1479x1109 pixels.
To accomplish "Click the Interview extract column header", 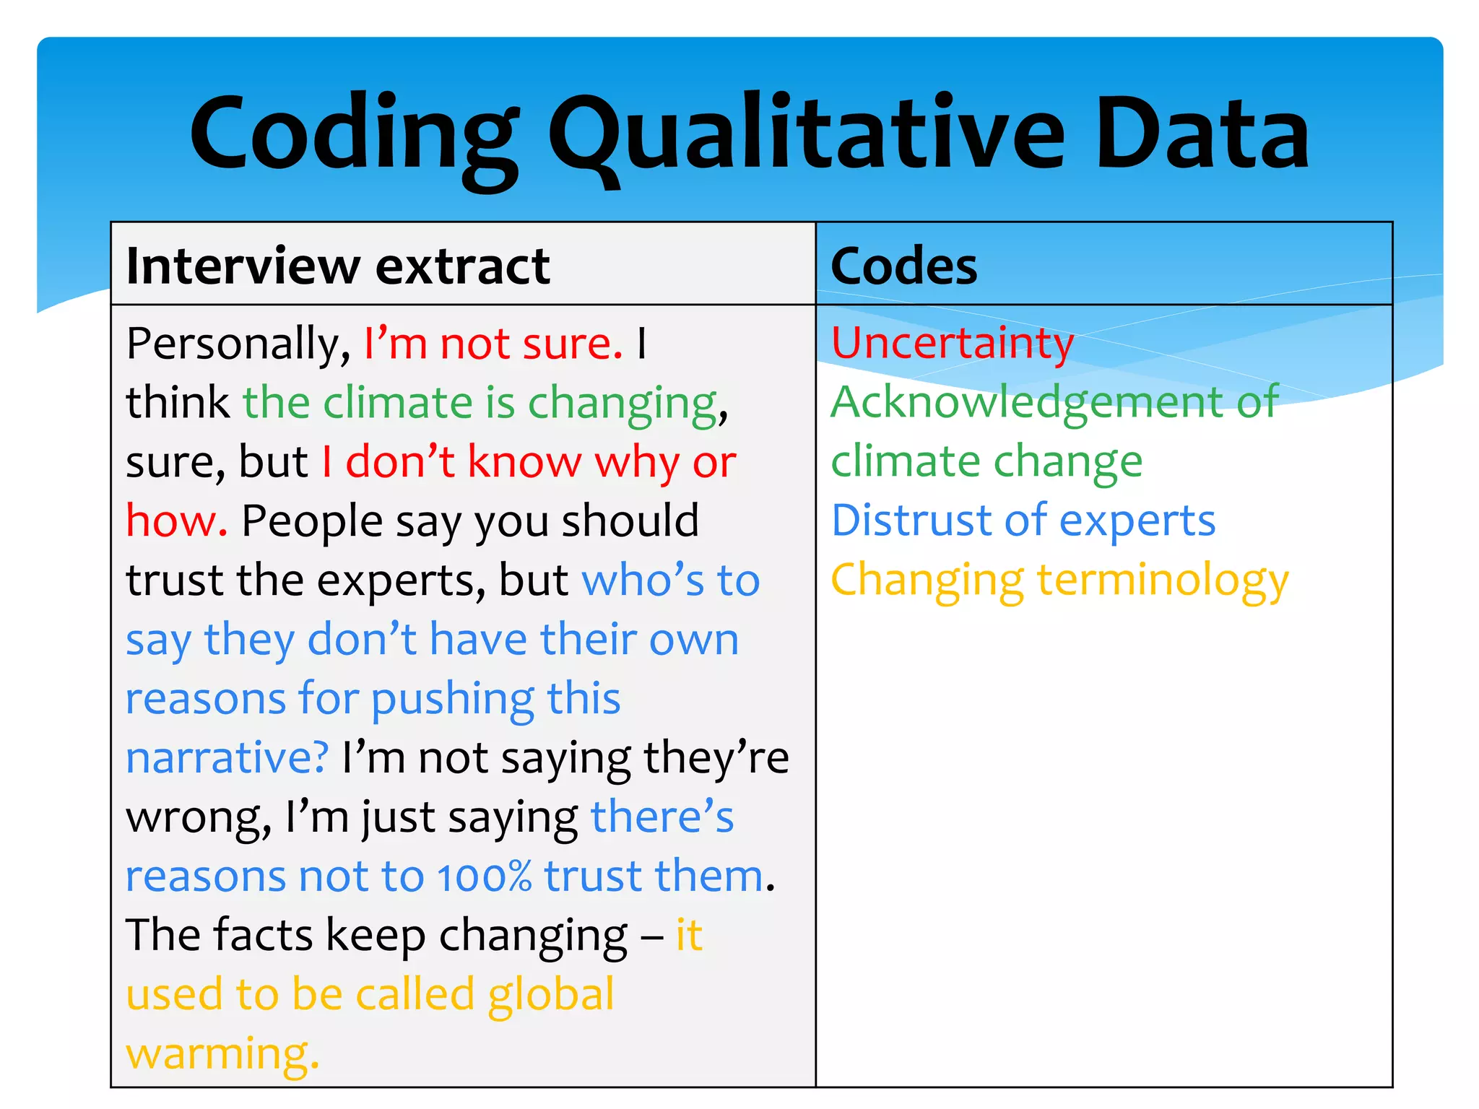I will (x=338, y=266).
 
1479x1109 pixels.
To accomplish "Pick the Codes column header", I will (x=903, y=266).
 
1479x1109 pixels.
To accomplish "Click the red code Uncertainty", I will (x=953, y=343).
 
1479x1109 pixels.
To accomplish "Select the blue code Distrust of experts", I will (x=1023, y=521).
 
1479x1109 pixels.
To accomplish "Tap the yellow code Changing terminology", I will (x=1059, y=580).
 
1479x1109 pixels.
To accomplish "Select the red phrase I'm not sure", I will (x=493, y=344).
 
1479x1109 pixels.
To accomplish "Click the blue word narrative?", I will (x=227, y=758).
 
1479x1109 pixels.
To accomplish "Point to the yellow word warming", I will (x=222, y=1054).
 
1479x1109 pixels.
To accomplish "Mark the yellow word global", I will (x=551, y=995).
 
